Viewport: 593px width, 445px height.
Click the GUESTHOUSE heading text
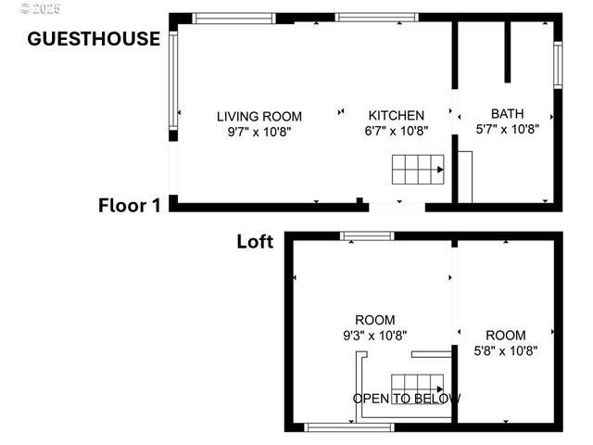(94, 39)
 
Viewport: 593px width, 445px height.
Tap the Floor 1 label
(130, 206)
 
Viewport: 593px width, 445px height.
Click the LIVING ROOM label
(259, 116)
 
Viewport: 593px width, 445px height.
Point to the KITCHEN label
(397, 116)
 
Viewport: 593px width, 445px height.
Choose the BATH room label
(507, 115)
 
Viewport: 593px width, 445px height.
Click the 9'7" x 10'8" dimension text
(259, 132)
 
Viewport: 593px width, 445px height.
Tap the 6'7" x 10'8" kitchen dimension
(397, 132)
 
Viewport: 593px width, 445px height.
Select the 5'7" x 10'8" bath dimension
(507, 130)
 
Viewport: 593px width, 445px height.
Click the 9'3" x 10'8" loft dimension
(374, 335)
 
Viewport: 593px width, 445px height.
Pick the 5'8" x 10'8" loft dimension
(505, 350)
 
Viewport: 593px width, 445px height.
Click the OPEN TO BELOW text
(407, 399)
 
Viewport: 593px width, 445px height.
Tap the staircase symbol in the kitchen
(417, 171)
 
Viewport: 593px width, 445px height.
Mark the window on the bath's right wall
(558, 65)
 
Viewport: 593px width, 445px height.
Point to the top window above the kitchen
(376, 17)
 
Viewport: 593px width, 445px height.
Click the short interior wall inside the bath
(507, 51)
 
